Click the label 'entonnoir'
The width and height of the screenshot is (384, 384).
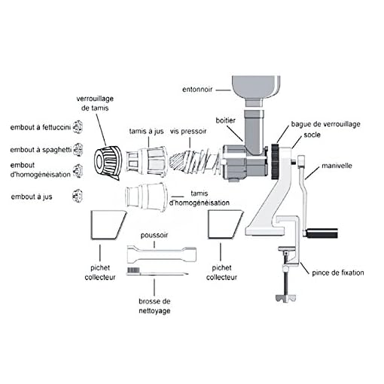point(197,90)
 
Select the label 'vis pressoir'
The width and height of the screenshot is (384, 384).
point(188,131)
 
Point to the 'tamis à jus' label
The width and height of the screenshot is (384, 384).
point(146,131)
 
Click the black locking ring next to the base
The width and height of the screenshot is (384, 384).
point(276,161)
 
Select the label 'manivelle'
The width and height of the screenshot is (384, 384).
point(337,166)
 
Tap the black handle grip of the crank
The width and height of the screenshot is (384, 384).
point(322,233)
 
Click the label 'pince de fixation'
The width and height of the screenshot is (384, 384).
point(338,273)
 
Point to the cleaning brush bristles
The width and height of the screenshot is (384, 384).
point(133,270)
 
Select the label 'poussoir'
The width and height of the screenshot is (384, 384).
point(154,236)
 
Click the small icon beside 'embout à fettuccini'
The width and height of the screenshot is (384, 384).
point(78,127)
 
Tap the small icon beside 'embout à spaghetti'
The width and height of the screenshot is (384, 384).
point(78,150)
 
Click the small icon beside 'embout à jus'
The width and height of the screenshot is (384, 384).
point(78,196)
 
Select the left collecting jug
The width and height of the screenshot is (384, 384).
point(108,224)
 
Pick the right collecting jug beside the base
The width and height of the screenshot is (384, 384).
point(225,224)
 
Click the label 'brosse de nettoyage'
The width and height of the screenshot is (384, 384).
point(154,306)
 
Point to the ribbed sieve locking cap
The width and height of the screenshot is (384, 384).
point(108,162)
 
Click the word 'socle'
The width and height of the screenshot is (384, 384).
point(312,135)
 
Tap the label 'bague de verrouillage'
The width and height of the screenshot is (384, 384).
point(325,124)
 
